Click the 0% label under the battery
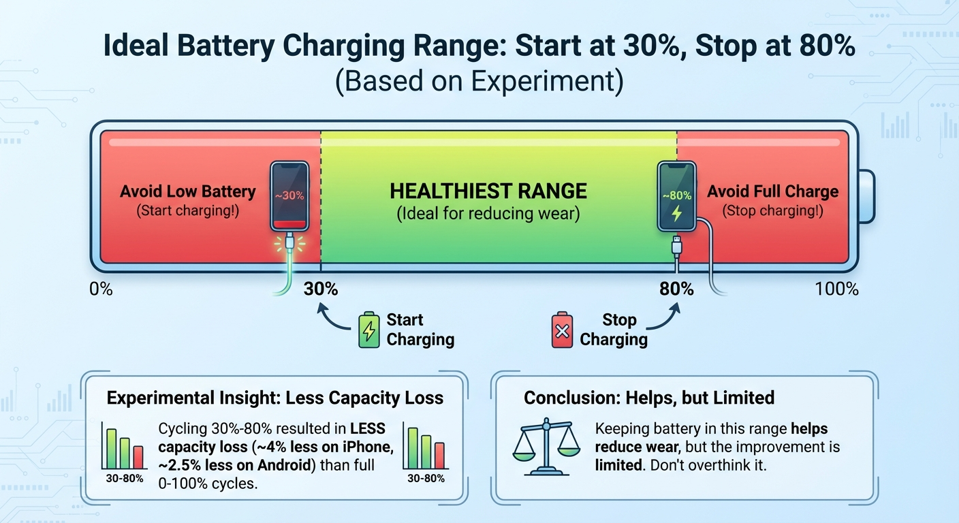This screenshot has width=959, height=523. click(x=101, y=289)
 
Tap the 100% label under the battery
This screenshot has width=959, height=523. click(x=836, y=289)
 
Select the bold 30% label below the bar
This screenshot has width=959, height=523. click(x=321, y=289)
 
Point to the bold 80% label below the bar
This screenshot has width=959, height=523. click(x=676, y=289)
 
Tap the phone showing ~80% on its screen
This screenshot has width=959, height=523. click(x=676, y=196)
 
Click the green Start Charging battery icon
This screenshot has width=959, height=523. click(x=368, y=330)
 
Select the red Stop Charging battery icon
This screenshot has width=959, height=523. click(x=562, y=330)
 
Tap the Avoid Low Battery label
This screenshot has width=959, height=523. click(x=187, y=191)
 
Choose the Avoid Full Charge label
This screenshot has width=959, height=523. click(x=772, y=191)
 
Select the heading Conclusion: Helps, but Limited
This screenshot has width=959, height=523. click(x=649, y=398)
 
